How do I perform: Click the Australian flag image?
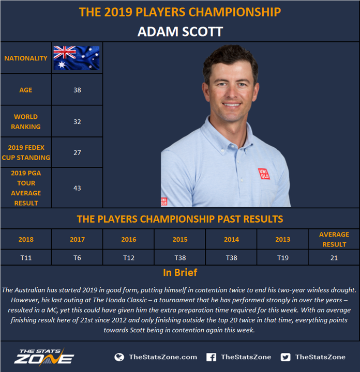coord(77,58)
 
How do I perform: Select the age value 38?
coord(77,90)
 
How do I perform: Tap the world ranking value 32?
coord(77,122)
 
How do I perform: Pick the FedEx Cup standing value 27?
coord(77,152)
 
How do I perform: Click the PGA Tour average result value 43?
coord(77,188)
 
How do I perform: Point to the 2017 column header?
coord(77,239)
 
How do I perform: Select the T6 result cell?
coord(77,258)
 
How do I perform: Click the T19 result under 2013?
coord(283,258)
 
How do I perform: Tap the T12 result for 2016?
coord(129,258)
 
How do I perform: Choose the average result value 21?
coord(334,258)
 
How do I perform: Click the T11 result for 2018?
coord(26,258)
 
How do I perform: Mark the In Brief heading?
coord(180,273)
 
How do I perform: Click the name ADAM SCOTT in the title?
coord(180,32)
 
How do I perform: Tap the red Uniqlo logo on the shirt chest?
coord(264,174)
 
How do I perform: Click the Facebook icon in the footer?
coord(211,357)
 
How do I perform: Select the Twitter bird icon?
coord(286,357)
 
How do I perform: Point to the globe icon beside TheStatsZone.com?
coord(119,357)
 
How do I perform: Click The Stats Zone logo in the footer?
coord(44,357)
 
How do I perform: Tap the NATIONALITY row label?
coord(26,58)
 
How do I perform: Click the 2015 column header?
coord(180,239)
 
